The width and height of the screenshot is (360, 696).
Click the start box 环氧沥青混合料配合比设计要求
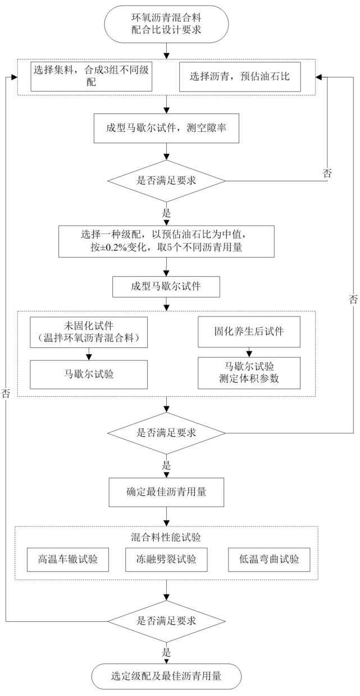(166, 24)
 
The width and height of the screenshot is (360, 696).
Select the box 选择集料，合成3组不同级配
(91, 76)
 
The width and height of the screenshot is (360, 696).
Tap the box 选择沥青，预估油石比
(240, 77)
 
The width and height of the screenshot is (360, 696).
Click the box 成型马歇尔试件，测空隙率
(166, 128)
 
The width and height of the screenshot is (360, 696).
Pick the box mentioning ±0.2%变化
(166, 241)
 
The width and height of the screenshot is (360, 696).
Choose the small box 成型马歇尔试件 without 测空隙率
(166, 286)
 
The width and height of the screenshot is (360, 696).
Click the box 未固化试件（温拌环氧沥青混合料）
(89, 332)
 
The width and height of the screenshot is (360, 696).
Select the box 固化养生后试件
(249, 332)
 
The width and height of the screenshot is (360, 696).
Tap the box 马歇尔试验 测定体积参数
(249, 373)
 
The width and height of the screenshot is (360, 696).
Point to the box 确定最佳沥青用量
(166, 492)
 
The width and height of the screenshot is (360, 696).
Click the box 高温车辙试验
(68, 560)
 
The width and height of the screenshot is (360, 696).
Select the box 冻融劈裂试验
(166, 560)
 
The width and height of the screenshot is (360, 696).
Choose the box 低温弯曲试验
(269, 560)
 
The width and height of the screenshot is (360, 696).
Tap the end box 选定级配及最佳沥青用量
(166, 676)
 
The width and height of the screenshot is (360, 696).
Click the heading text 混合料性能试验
(166, 537)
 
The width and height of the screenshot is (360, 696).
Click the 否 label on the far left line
(6, 393)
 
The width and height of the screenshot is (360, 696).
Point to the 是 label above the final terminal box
(166, 652)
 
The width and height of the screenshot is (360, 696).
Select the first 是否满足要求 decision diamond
(166, 181)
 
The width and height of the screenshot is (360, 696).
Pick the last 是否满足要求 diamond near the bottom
(166, 621)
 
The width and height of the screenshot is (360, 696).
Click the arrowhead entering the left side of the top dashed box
(14, 77)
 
